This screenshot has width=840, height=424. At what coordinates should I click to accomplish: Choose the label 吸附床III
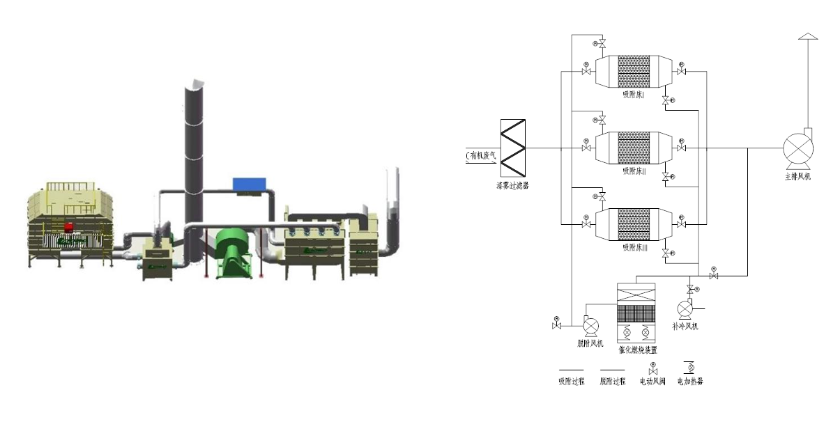pos(635,247)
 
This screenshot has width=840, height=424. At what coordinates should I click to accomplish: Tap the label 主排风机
pos(797,177)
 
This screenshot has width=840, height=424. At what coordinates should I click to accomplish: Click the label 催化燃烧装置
pos(638,350)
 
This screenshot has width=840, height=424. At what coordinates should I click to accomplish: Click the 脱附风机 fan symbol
pos(590,325)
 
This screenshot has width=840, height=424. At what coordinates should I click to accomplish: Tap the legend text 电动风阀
pos(653,382)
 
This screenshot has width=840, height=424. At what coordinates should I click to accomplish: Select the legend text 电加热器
pos(690,382)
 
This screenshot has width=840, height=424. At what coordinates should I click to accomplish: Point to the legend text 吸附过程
pos(571,382)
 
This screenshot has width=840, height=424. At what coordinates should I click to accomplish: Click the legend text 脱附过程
pos(613,382)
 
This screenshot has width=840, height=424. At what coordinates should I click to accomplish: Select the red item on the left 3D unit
pos(69,228)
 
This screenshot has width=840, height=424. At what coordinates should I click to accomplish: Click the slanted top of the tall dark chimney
pos(195,85)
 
